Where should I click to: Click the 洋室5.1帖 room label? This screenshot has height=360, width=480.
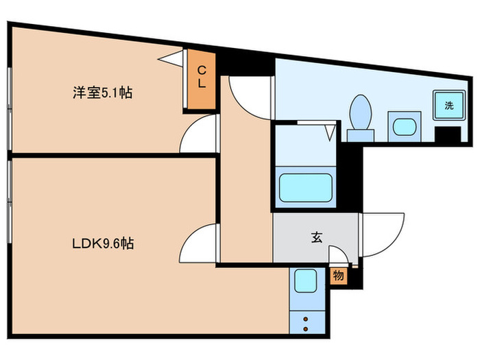(x=103, y=93)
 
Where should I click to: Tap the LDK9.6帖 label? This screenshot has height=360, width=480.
(x=104, y=243)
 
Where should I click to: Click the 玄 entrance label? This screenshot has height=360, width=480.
(x=316, y=237)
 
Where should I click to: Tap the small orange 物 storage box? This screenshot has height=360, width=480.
(x=338, y=276)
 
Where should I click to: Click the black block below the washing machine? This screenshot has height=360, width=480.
(x=448, y=134)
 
